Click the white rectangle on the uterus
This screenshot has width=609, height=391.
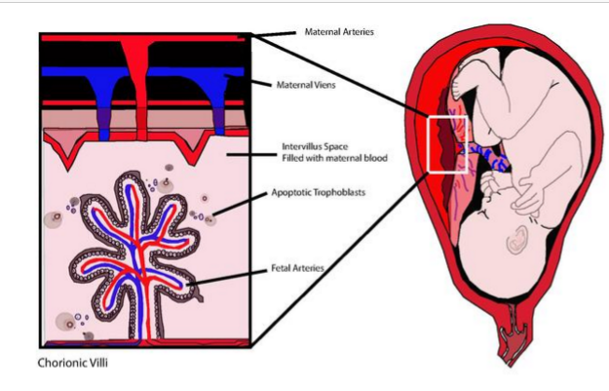pos(448,144)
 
